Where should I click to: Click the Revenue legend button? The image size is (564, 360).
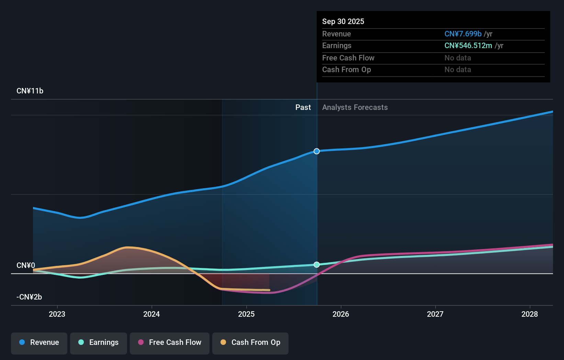[39, 343]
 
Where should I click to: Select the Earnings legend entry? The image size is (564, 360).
[99, 343]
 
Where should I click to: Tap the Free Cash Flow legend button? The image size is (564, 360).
[170, 343]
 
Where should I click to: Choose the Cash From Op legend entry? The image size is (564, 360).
[250, 343]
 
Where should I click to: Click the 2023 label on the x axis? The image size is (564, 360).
[57, 314]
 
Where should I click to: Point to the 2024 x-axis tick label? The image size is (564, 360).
[151, 314]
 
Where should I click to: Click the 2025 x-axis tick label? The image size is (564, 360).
[246, 314]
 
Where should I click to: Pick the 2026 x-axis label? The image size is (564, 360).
[341, 314]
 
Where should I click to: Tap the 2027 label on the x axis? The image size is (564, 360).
[435, 314]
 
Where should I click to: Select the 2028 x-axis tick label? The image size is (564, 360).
[530, 314]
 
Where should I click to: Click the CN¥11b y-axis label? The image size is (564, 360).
[30, 91]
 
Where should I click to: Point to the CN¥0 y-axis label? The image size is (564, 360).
[26, 266]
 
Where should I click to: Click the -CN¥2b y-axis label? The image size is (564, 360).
[29, 297]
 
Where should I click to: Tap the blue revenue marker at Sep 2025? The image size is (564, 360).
[317, 151]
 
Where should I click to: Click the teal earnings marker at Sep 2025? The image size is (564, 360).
[317, 265]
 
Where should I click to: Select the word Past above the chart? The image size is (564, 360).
[303, 108]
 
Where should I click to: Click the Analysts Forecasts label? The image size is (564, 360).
[355, 108]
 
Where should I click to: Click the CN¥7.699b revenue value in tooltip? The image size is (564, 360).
[463, 34]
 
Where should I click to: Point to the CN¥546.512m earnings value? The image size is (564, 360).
[468, 46]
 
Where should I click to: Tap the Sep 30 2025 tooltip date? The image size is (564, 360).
[343, 22]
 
